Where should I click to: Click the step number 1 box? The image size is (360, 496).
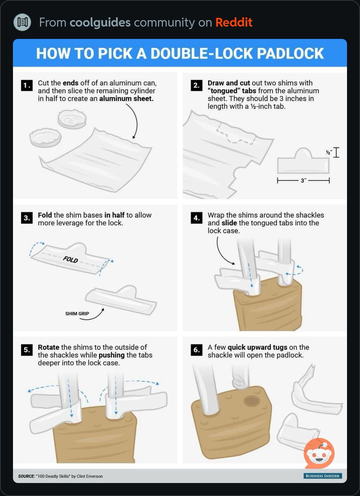click(x=27, y=85)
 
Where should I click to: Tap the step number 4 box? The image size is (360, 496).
click(x=197, y=218)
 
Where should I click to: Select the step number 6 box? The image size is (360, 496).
click(x=197, y=350)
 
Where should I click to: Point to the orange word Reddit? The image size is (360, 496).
click(x=234, y=22)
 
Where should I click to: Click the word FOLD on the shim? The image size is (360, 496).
click(x=71, y=259)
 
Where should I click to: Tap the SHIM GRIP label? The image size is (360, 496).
click(x=77, y=314)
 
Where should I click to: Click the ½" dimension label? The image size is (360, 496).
click(x=329, y=152)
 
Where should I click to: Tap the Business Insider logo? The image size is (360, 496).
click(x=323, y=476)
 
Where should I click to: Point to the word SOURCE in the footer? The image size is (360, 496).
click(x=26, y=476)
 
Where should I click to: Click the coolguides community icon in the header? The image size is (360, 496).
click(x=22, y=22)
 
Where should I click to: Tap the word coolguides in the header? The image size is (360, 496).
click(x=100, y=23)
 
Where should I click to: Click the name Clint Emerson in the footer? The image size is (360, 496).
click(x=90, y=476)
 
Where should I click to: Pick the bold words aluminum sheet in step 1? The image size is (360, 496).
click(x=126, y=99)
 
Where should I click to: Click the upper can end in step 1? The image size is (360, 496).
click(x=72, y=119)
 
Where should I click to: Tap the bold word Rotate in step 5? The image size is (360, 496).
click(x=49, y=347)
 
